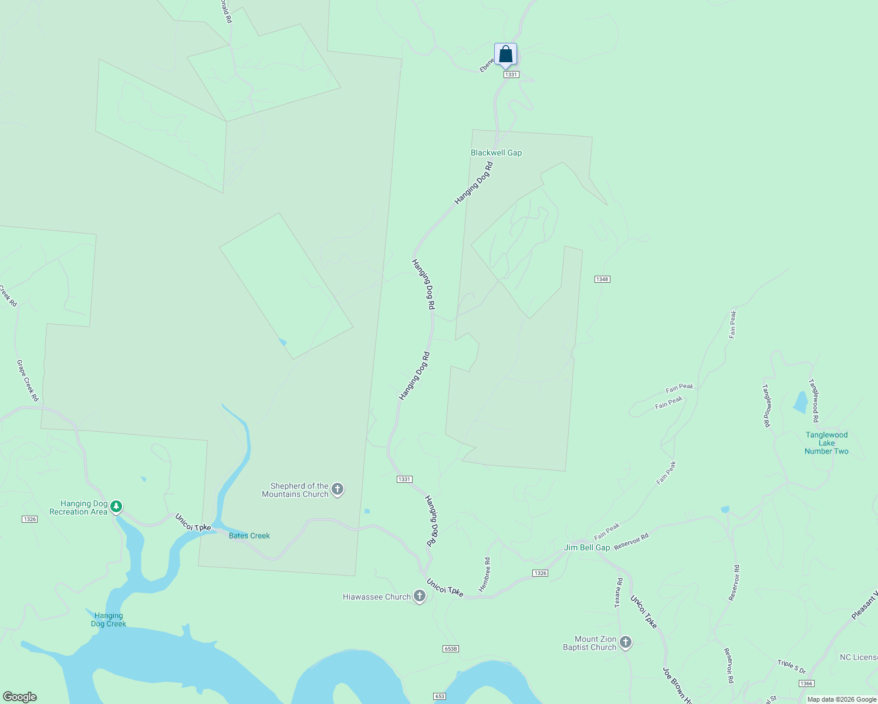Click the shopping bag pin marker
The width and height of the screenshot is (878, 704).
505,55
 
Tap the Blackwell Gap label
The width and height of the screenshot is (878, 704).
496,153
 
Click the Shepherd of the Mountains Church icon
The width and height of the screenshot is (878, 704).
337,489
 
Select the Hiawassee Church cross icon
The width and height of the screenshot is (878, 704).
419,597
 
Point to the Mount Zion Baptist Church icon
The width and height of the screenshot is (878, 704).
626,642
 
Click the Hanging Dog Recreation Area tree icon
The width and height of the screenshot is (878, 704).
116,506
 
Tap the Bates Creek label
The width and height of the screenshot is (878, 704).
249,536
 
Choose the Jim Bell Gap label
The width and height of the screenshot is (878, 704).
587,547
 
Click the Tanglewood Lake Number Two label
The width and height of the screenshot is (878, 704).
826,443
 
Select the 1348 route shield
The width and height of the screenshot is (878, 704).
602,279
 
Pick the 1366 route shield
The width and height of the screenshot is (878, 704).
806,683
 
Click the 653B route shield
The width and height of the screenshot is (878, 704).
451,649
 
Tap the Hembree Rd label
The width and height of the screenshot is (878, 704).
485,575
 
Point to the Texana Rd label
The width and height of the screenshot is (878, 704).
619,593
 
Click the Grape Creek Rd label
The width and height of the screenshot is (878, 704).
28,381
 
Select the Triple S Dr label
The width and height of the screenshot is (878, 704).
792,666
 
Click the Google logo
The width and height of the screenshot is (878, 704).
19,696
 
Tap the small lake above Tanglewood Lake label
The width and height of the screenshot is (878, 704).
801,402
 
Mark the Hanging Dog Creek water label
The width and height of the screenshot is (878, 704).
109,620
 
